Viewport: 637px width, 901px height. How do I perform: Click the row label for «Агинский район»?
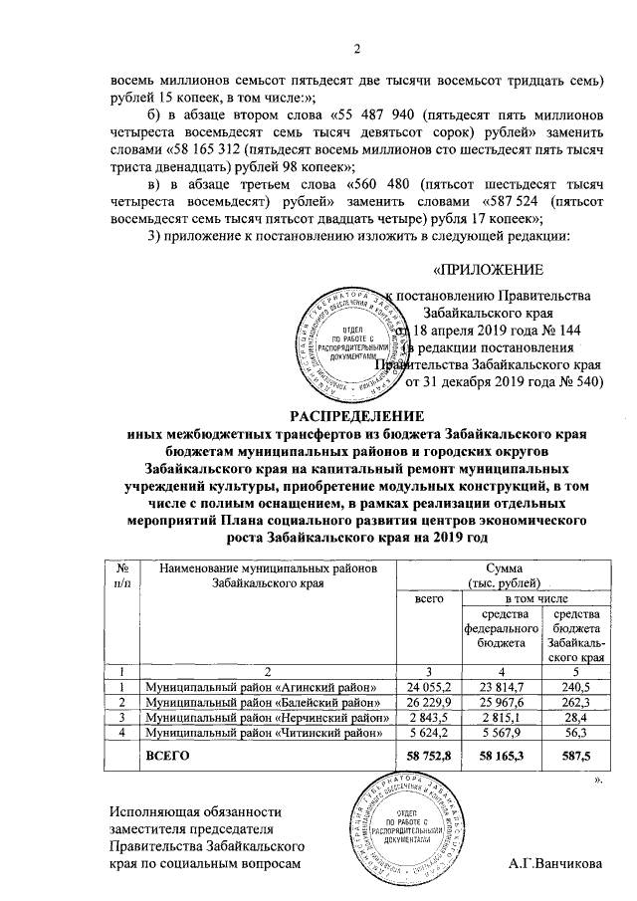(261, 687)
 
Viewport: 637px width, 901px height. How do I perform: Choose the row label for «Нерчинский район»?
(265, 719)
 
